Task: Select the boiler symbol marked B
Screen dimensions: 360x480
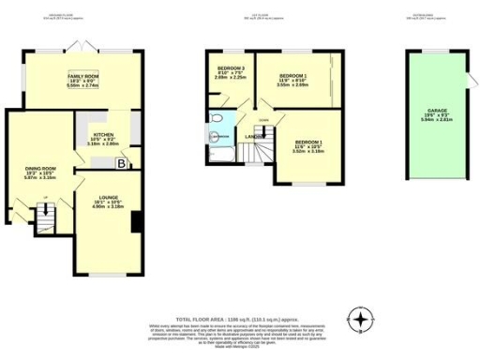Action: [121, 163]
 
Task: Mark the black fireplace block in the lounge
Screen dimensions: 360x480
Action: [137, 222]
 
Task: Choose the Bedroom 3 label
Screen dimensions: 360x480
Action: [230, 68]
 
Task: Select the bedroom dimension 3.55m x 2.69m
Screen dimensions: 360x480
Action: [294, 85]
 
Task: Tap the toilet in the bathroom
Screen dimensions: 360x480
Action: [217, 117]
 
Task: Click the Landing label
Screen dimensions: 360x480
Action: [254, 136]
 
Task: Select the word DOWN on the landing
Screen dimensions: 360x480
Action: [264, 120]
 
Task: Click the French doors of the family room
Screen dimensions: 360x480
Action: [83, 45]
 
